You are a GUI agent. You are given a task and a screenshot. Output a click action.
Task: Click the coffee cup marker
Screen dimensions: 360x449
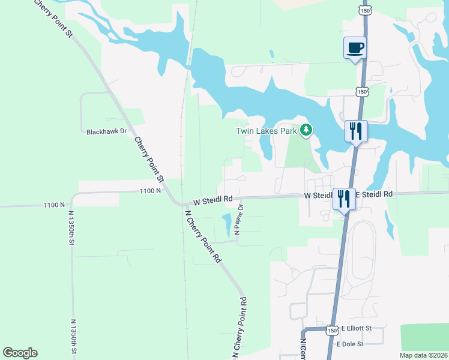355,47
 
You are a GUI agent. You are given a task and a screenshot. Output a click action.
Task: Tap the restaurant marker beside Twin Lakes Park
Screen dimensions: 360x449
356,131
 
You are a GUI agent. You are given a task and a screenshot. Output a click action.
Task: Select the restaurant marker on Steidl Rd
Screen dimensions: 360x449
344,199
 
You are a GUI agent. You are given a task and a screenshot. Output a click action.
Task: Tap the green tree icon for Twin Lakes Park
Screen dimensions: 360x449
306,130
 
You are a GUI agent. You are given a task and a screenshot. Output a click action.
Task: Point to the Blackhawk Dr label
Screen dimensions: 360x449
107,131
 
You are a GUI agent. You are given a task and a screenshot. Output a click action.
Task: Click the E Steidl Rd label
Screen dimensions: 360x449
374,194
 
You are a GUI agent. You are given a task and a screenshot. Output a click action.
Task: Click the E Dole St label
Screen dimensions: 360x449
350,344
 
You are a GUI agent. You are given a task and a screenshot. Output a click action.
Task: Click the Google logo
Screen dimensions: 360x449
20,353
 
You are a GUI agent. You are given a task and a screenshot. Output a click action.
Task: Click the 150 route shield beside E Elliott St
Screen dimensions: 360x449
333,329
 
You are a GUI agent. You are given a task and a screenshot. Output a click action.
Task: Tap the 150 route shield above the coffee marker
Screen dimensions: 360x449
364,10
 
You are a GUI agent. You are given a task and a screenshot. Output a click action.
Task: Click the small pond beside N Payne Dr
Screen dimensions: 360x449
227,224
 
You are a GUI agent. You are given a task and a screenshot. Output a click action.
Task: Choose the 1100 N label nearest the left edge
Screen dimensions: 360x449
54,205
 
